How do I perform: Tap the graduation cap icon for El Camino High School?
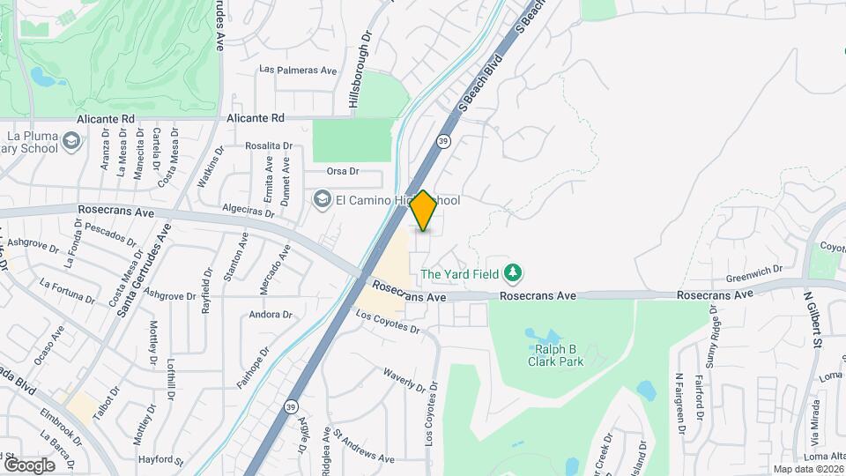tap(321, 201)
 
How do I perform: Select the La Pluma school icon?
tap(71, 141)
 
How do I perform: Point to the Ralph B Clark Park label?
tap(555, 355)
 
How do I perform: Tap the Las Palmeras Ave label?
tap(299, 71)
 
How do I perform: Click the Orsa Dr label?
tap(343, 171)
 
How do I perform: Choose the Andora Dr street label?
tap(271, 315)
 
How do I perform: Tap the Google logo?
tap(29, 465)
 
